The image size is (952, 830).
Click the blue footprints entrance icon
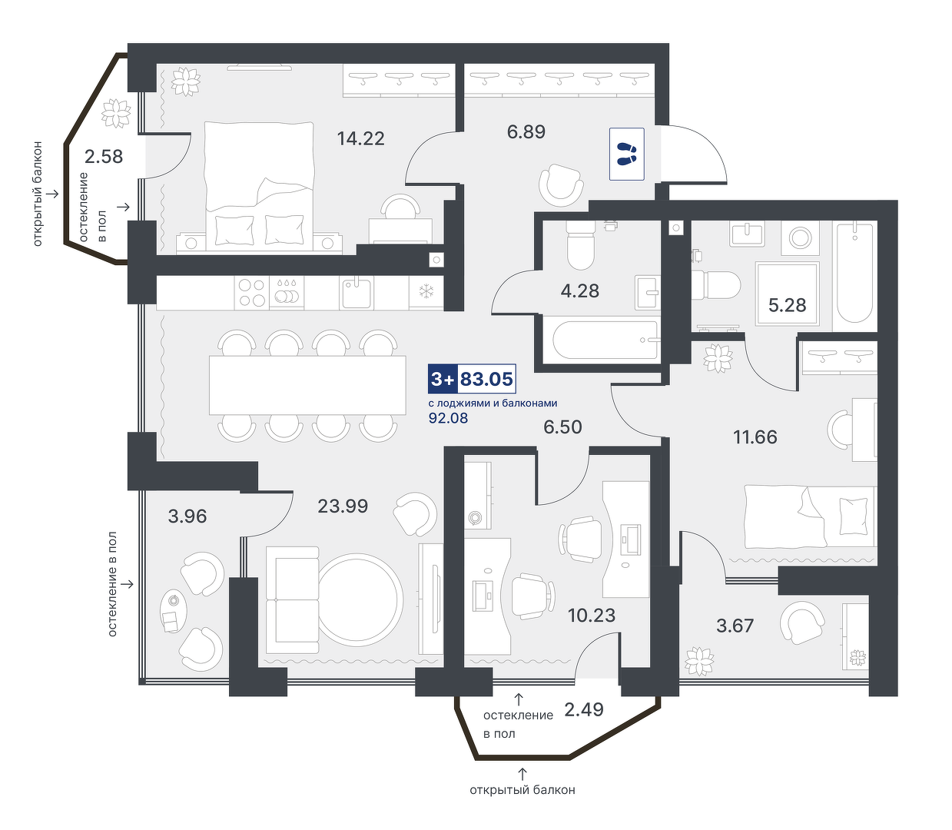tap(626, 154)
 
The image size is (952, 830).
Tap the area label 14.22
tap(360, 138)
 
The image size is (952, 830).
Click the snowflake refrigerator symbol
tap(426, 292)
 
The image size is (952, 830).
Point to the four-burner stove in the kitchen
tap(252, 292)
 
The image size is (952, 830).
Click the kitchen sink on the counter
tap(357, 293)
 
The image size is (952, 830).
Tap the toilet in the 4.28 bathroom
tap(580, 245)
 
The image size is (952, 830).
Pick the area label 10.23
tap(592, 616)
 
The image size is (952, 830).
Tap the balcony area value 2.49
tap(583, 709)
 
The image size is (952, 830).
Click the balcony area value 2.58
tap(104, 156)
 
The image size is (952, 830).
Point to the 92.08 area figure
tap(448, 418)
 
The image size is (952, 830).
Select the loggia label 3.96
tap(187, 516)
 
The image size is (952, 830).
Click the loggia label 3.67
tap(735, 626)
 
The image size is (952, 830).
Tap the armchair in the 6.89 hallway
tap(561, 184)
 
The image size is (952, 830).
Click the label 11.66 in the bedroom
tap(755, 437)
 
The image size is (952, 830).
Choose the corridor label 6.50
tap(562, 427)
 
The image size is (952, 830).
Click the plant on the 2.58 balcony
tap(116, 113)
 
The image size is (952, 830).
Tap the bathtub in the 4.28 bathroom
tap(605, 340)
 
